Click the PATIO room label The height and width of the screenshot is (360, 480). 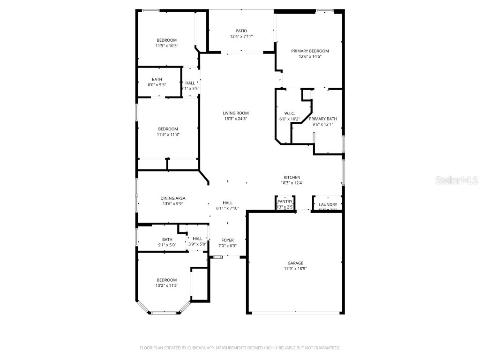pos(241,31)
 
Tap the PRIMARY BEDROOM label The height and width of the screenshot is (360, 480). pos(310,51)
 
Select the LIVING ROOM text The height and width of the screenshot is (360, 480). pos(235,113)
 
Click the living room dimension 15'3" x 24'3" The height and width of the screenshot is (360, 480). pos(235,119)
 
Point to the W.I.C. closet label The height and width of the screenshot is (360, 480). pos(289,113)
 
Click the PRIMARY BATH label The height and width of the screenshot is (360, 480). pos(322,119)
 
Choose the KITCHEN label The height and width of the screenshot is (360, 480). pos(292,177)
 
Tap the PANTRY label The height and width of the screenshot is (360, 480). pos(285,202)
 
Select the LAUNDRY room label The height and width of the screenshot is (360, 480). pos(328,205)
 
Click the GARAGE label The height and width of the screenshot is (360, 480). pos(295,263)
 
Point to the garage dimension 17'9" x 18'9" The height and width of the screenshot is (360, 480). pos(295,269)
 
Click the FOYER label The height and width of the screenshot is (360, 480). pos(227,240)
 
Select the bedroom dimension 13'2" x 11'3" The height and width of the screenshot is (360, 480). pos(167,285)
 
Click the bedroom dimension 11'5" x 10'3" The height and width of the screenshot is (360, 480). pos(167,46)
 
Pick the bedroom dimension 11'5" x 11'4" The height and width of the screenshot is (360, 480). pos(168,135)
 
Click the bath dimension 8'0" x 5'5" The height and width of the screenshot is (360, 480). pos(157,85)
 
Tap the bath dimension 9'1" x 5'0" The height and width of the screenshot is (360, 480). pos(167,245)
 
